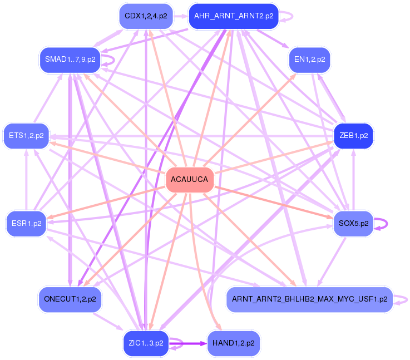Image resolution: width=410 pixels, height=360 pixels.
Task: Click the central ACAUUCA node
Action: pyautogui.click(x=190, y=180)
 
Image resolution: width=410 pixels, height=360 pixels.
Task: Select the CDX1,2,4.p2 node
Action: pyautogui.click(x=146, y=16)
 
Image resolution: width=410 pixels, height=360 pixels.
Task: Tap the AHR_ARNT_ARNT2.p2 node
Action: pyautogui.click(x=233, y=16)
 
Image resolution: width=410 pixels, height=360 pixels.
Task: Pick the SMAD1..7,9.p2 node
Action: pyautogui.click(x=70, y=59)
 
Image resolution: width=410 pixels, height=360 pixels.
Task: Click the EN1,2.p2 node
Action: pyautogui.click(x=310, y=59)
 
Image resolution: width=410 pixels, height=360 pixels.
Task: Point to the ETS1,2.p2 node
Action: pyautogui.click(x=27, y=136)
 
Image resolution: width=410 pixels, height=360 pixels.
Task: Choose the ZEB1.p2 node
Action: pyautogui.click(x=353, y=136)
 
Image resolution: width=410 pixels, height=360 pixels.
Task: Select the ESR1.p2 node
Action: pyautogui.click(x=27, y=224)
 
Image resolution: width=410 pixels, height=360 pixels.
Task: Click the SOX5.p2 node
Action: pyautogui.click(x=353, y=224)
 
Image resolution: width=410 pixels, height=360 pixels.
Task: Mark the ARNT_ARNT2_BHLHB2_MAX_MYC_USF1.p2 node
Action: pyautogui.click(x=309, y=299)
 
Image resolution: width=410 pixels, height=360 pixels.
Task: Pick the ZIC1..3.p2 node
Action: pyautogui.click(x=146, y=343)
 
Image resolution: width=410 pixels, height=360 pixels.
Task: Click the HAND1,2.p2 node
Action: pyautogui.click(x=233, y=343)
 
